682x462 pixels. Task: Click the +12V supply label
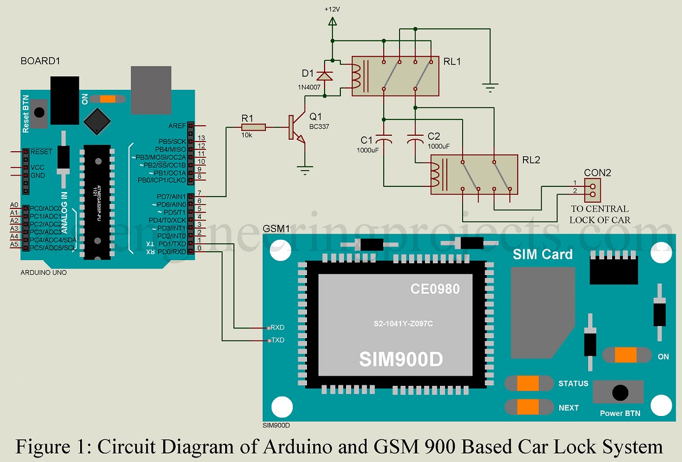332,10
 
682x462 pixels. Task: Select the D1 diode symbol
325,76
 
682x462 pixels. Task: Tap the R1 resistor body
253,128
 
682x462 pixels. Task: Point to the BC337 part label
319,126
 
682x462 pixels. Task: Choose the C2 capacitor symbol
415,139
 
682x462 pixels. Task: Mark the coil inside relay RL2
436,174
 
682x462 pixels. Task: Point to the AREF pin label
177,126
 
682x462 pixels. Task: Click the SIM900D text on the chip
401,359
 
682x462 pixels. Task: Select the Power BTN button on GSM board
619,392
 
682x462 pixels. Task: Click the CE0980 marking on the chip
435,289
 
